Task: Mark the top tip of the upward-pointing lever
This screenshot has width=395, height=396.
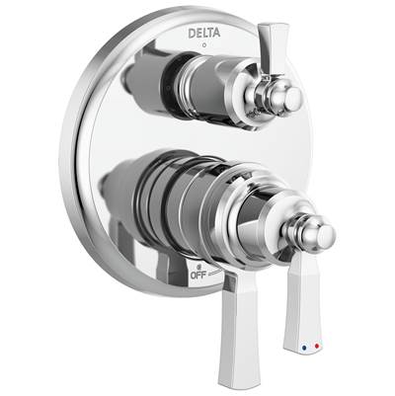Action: [x=265, y=27]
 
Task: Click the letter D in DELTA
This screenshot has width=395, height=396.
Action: [x=191, y=34]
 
